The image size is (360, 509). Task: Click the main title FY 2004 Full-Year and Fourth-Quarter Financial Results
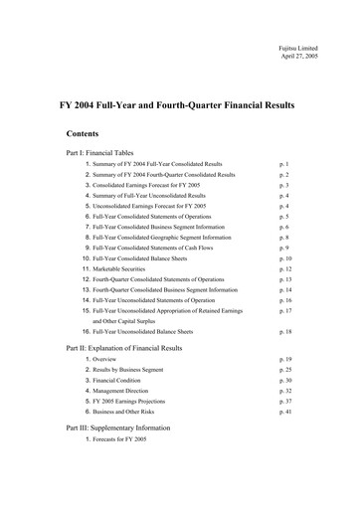tap(180, 103)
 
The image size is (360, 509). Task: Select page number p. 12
tap(288, 268)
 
